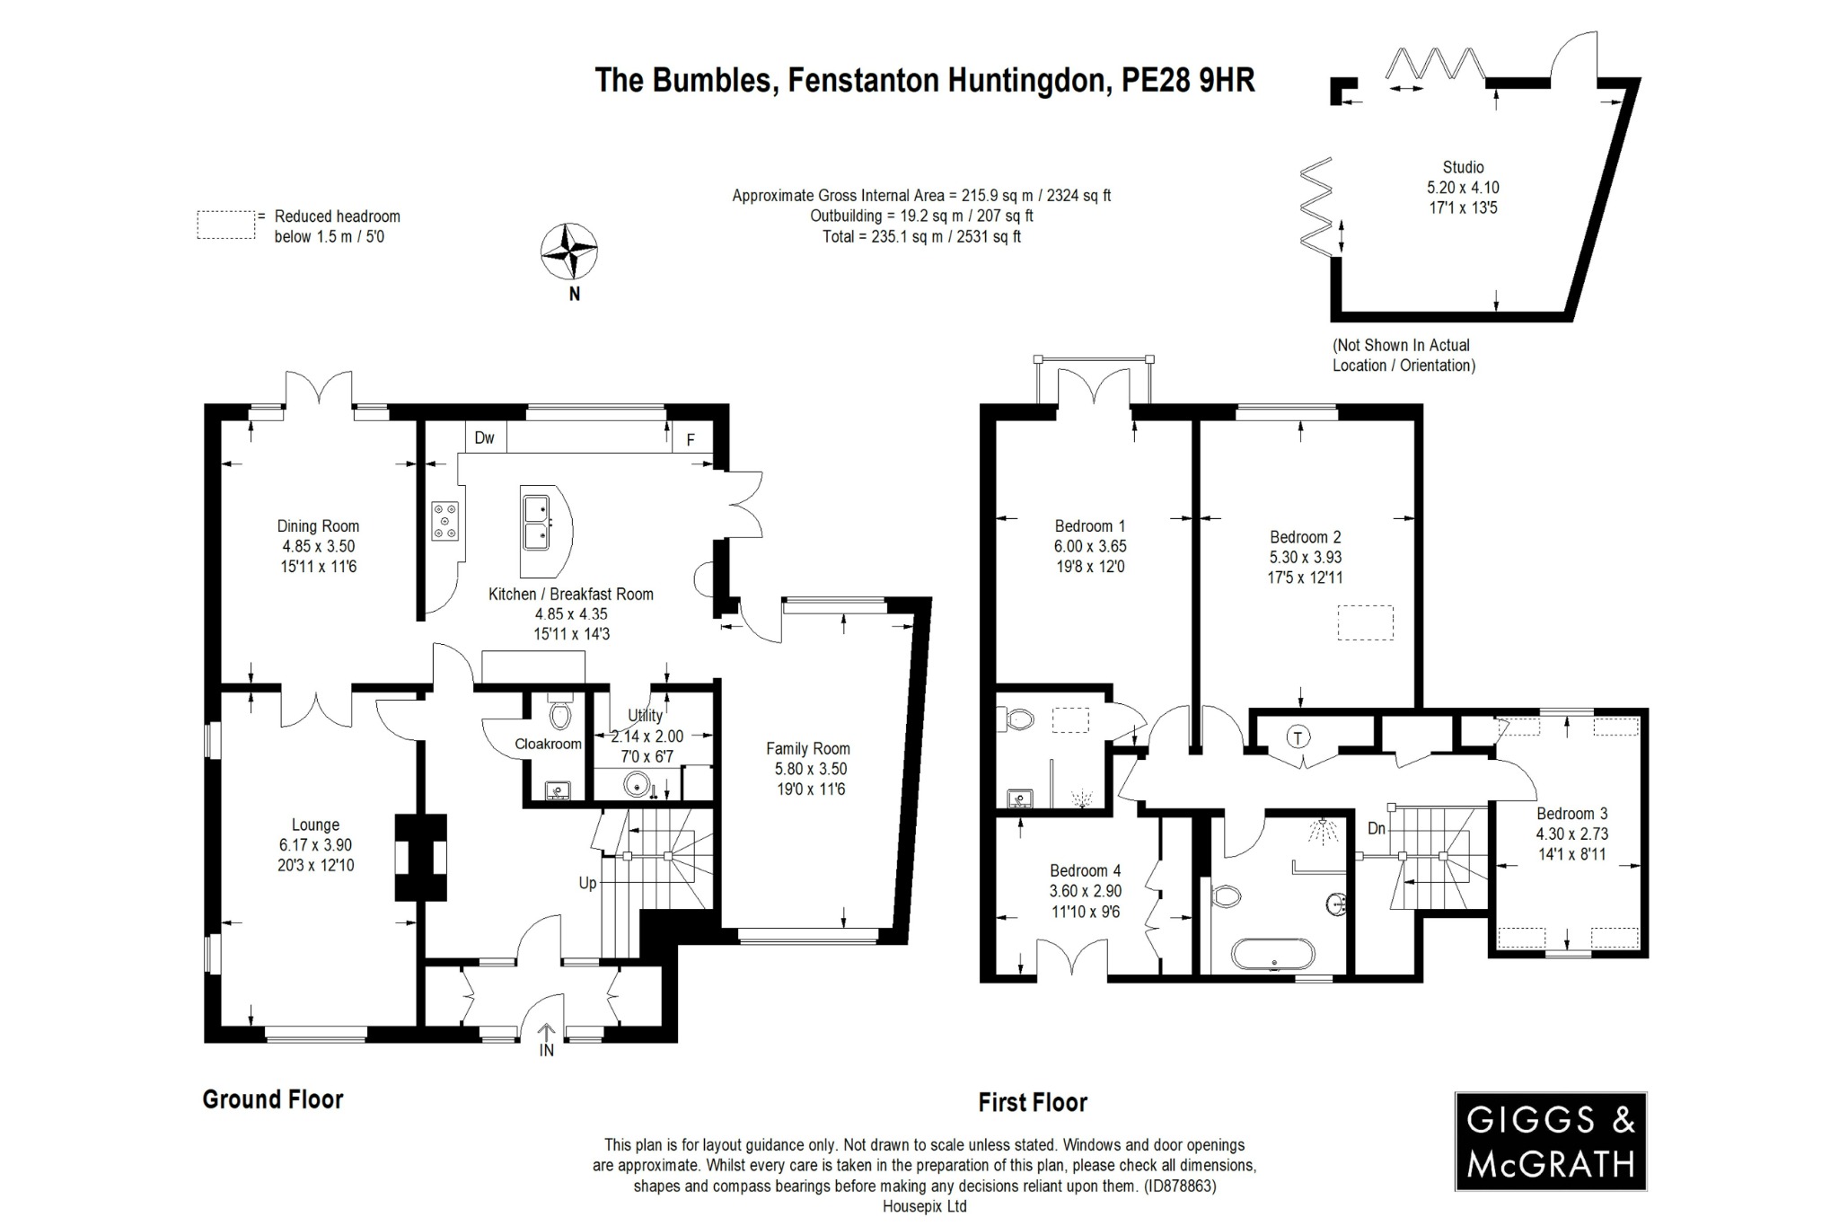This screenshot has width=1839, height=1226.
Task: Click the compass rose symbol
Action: point(569,251)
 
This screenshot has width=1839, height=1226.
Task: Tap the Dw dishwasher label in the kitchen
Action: point(485,438)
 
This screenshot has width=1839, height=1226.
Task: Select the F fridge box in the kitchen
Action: point(691,439)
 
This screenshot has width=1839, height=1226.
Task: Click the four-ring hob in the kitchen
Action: point(444,521)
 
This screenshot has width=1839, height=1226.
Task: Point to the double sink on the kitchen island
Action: point(537,523)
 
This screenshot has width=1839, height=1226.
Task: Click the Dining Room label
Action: point(318,526)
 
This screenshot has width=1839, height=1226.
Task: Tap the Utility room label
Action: point(645,715)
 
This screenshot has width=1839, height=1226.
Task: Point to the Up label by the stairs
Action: point(587,883)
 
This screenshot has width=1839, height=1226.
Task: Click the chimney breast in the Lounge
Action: point(421,857)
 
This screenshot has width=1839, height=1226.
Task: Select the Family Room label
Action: point(807,748)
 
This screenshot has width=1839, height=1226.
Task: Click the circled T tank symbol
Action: point(1298,738)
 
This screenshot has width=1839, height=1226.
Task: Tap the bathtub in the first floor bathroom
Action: point(1272,955)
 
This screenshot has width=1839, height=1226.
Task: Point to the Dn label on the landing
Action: point(1377,828)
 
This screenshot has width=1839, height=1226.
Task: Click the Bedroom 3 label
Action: point(1571,814)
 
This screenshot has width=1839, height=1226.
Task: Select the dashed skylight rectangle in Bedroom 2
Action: point(1365,622)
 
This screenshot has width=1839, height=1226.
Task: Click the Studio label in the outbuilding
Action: point(1463,167)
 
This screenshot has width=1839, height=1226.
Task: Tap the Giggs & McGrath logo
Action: point(1550,1141)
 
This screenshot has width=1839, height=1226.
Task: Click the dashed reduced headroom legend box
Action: point(225,225)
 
